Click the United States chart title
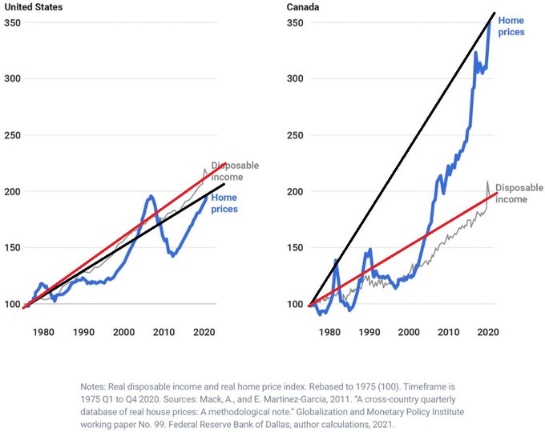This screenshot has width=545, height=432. pyautogui.click(x=34, y=7)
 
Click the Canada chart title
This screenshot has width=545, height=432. pyautogui.click(x=303, y=7)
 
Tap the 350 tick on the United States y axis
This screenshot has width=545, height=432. pyautogui.click(x=13, y=23)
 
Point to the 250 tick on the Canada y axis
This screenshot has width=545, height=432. pyautogui.click(x=295, y=135)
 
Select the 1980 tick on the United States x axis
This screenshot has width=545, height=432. pyautogui.click(x=43, y=332)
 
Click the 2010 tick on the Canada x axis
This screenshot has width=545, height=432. pyautogui.click(x=448, y=332)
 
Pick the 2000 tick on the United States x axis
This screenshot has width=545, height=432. pyautogui.click(x=123, y=332)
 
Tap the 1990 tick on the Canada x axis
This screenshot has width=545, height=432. pyautogui.click(x=369, y=332)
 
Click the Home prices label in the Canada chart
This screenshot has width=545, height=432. pyautogui.click(x=511, y=26)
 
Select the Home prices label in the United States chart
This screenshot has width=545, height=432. pyautogui.click(x=224, y=203)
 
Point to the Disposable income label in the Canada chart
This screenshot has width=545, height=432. pyautogui.click(x=519, y=194)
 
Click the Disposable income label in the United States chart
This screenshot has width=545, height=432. pyautogui.click(x=235, y=171)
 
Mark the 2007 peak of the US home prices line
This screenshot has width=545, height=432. pyautogui.click(x=151, y=196)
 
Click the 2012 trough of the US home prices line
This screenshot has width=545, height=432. pyautogui.click(x=173, y=256)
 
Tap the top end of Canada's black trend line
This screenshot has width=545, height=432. pyautogui.click(x=494, y=13)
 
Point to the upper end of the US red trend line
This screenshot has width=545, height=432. pyautogui.click(x=225, y=163)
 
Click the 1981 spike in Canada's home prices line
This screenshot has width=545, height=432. pyautogui.click(x=336, y=260)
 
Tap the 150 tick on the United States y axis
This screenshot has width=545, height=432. pyautogui.click(x=13, y=248)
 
